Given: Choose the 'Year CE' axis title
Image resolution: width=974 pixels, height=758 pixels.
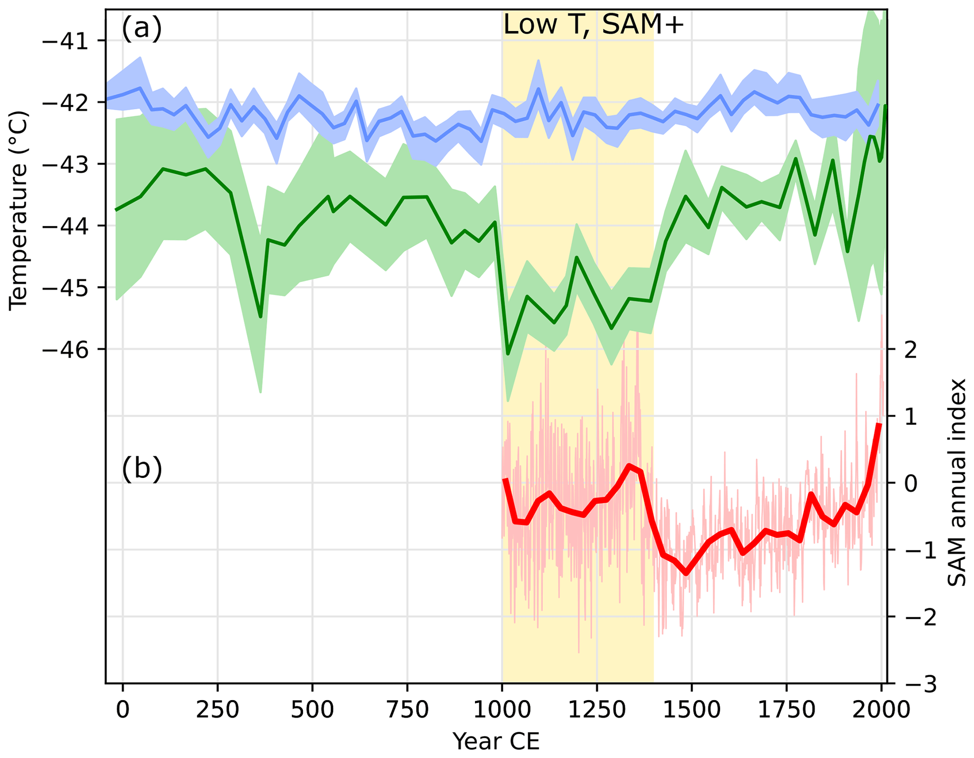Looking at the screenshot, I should (496, 742).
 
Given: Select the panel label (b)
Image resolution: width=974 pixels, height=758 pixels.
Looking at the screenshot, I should (142, 469).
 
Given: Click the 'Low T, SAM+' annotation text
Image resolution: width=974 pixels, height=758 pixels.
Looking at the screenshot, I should (593, 24).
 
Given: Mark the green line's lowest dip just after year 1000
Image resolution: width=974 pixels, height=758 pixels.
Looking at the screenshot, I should (508, 354).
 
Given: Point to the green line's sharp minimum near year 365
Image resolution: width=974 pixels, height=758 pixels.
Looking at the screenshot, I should (261, 317).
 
